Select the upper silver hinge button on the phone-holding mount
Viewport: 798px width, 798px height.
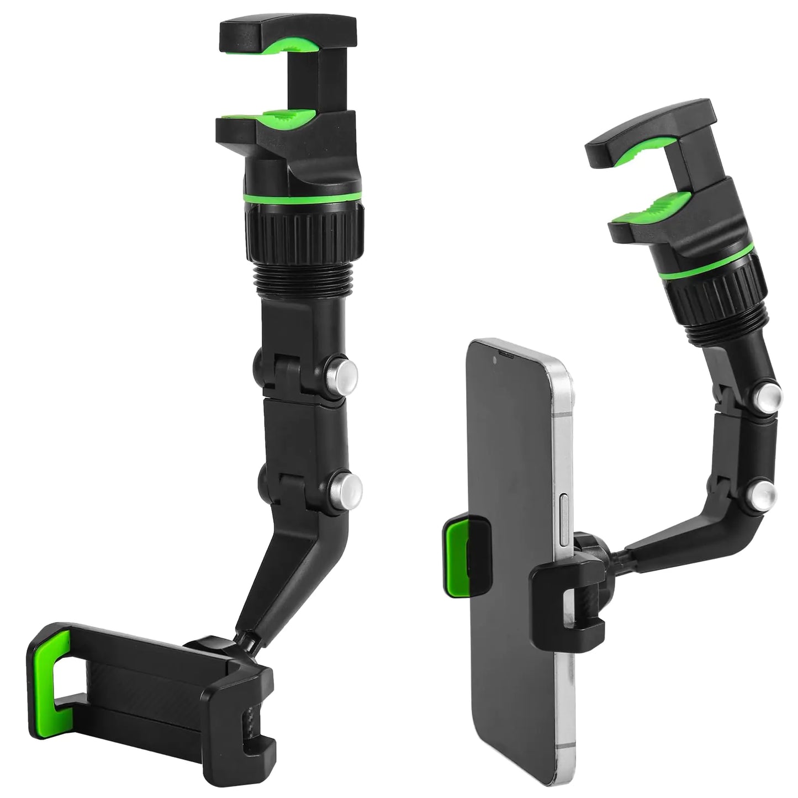768,393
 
